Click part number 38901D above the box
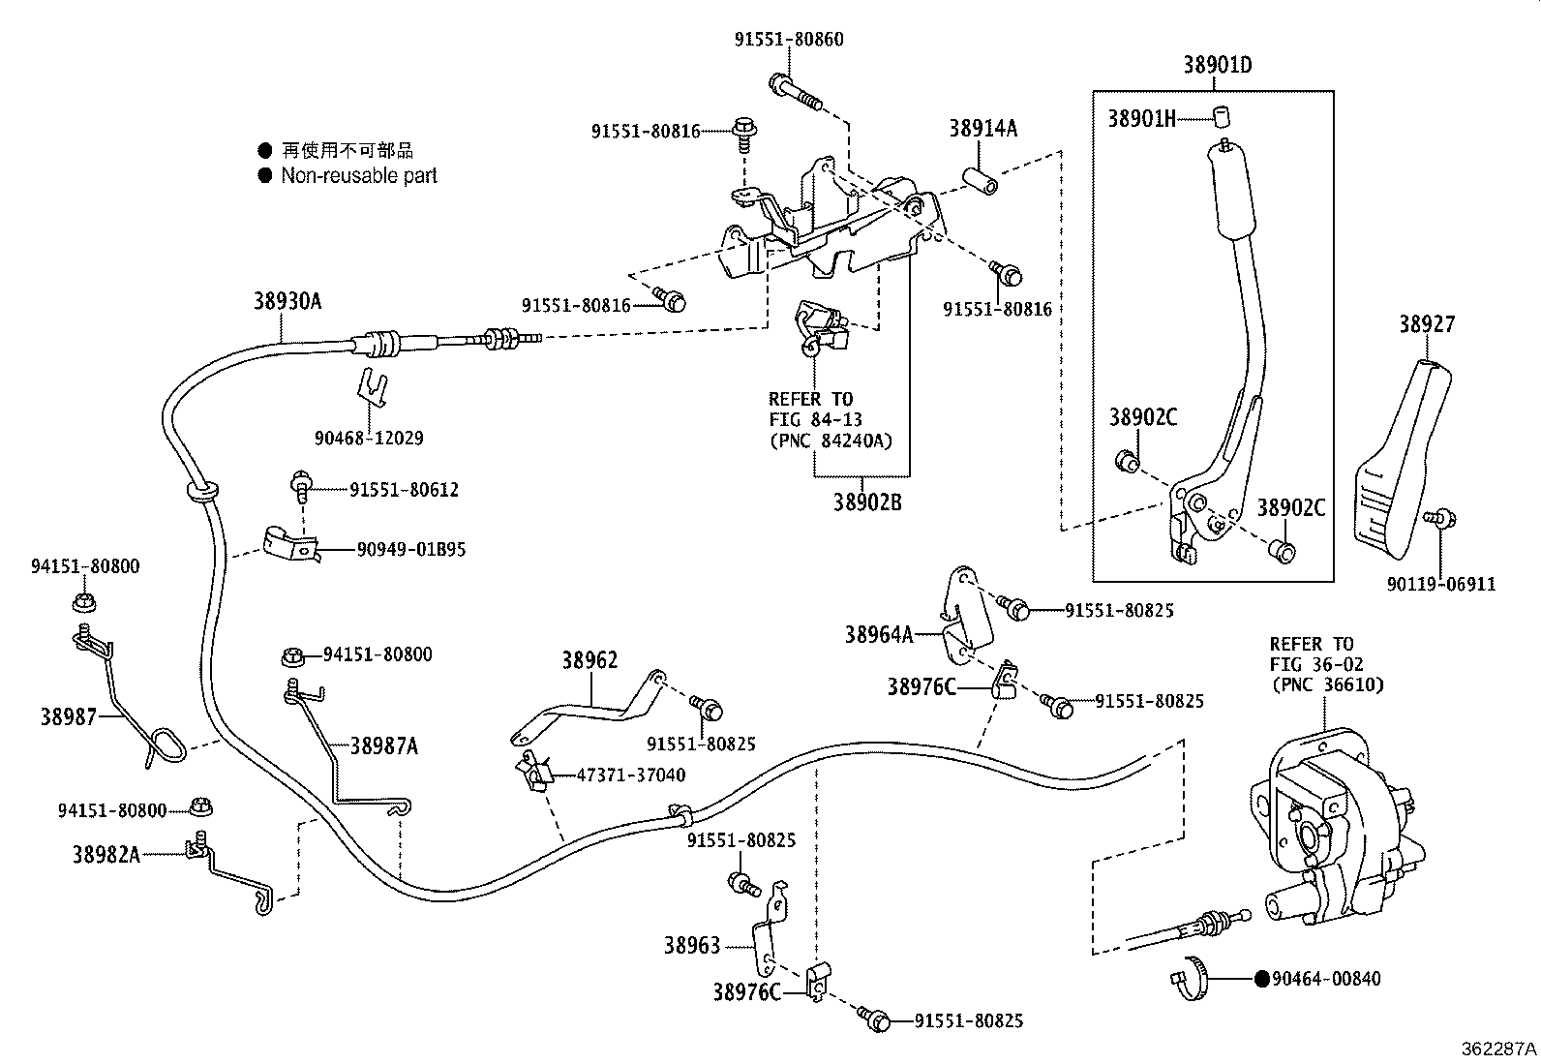1217,66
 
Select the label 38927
1426,324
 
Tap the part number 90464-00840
1326,979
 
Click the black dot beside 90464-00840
1261,979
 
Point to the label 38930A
287,301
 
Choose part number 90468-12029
369,438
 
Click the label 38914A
982,128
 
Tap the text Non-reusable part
359,176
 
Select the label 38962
589,660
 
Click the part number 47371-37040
631,775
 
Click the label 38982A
106,854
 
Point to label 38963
692,945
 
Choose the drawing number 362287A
1498,1049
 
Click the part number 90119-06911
1440,584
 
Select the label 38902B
867,502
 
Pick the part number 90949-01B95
411,549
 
